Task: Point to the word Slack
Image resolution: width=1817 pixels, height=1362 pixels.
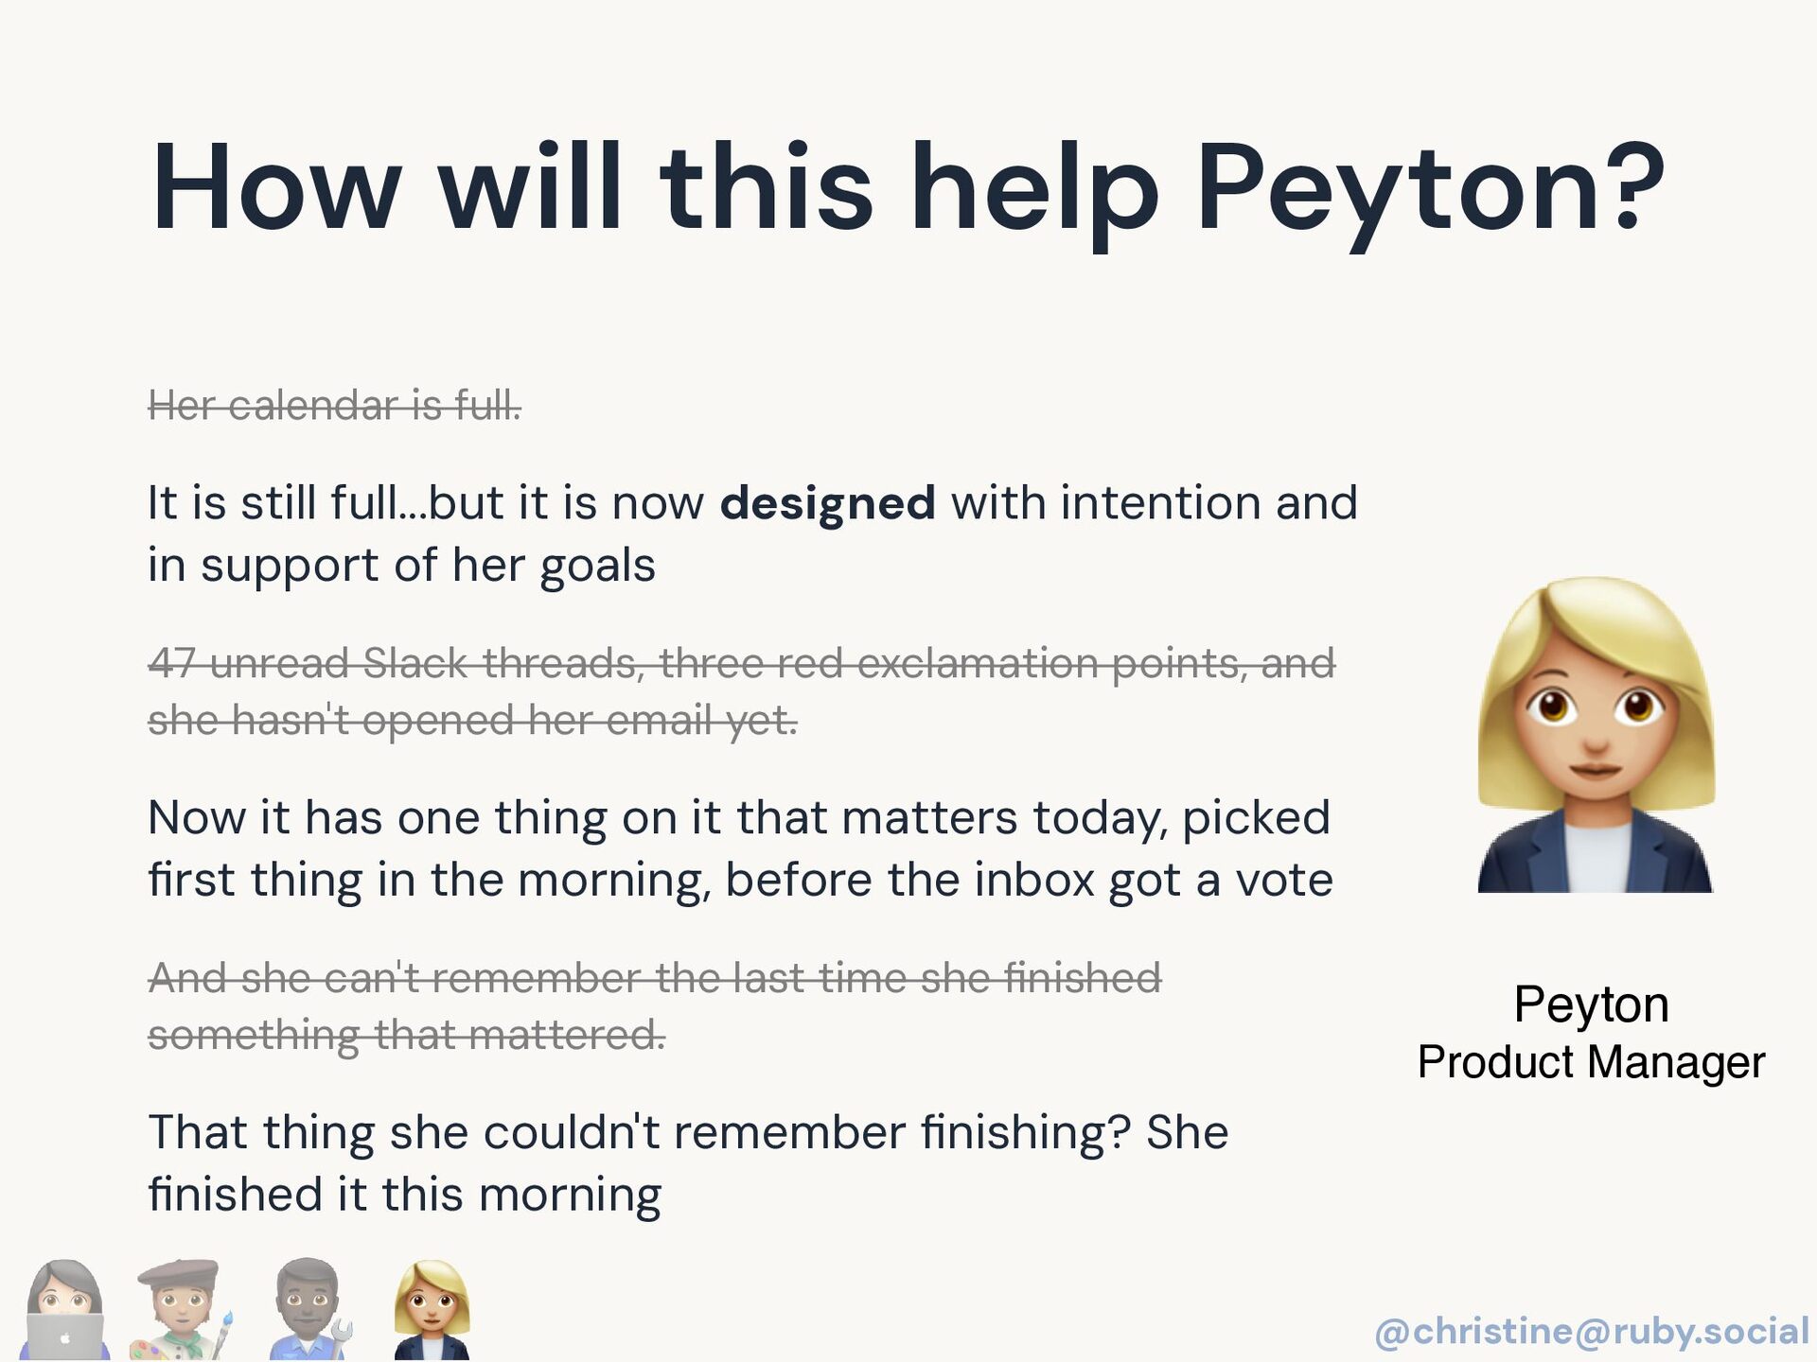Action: point(415,662)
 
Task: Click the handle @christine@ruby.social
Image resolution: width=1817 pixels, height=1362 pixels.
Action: point(1592,1331)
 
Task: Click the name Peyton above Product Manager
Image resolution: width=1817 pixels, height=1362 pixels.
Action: point(1591,1004)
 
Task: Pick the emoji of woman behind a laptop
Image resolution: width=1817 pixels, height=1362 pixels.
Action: point(63,1310)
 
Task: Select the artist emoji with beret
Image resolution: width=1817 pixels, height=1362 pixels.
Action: point(181,1310)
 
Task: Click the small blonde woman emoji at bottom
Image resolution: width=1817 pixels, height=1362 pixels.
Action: point(432,1310)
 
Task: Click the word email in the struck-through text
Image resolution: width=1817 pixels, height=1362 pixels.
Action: point(659,720)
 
